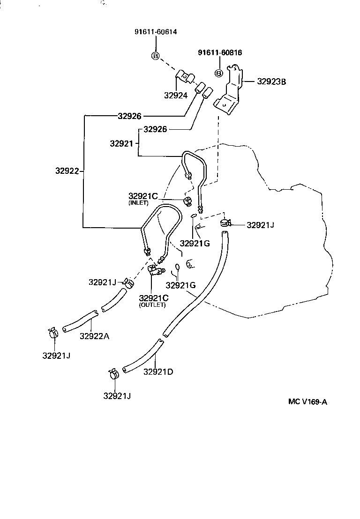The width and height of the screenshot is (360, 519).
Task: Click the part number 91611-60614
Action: click(156, 32)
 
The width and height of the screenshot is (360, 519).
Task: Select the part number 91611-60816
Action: click(220, 52)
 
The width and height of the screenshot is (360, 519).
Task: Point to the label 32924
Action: click(176, 96)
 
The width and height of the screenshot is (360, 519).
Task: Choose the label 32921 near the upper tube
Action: click(122, 143)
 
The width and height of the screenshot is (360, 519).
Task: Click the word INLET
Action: click(138, 203)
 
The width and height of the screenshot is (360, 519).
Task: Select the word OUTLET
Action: click(152, 305)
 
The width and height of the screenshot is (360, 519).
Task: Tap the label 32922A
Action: click(95, 336)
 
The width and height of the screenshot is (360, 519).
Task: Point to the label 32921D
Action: click(158, 372)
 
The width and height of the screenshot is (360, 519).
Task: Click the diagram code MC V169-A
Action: click(307, 401)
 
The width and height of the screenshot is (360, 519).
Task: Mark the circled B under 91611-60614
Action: click(156, 56)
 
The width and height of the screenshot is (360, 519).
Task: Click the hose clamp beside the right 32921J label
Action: click(225, 223)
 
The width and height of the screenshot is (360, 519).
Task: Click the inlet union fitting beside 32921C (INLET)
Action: click(188, 201)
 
